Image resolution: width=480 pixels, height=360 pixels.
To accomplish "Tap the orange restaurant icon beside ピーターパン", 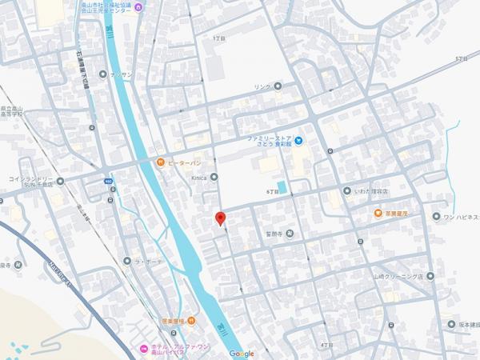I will (160, 162).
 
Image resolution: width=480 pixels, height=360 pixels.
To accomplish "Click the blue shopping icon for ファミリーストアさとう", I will (298, 142).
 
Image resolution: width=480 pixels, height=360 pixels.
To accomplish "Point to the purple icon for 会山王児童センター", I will (139, 8).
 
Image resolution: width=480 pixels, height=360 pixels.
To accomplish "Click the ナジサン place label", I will (121, 74).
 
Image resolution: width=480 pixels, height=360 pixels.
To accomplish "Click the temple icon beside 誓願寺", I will (290, 234).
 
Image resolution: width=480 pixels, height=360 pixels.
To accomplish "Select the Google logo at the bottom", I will (241, 354).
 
